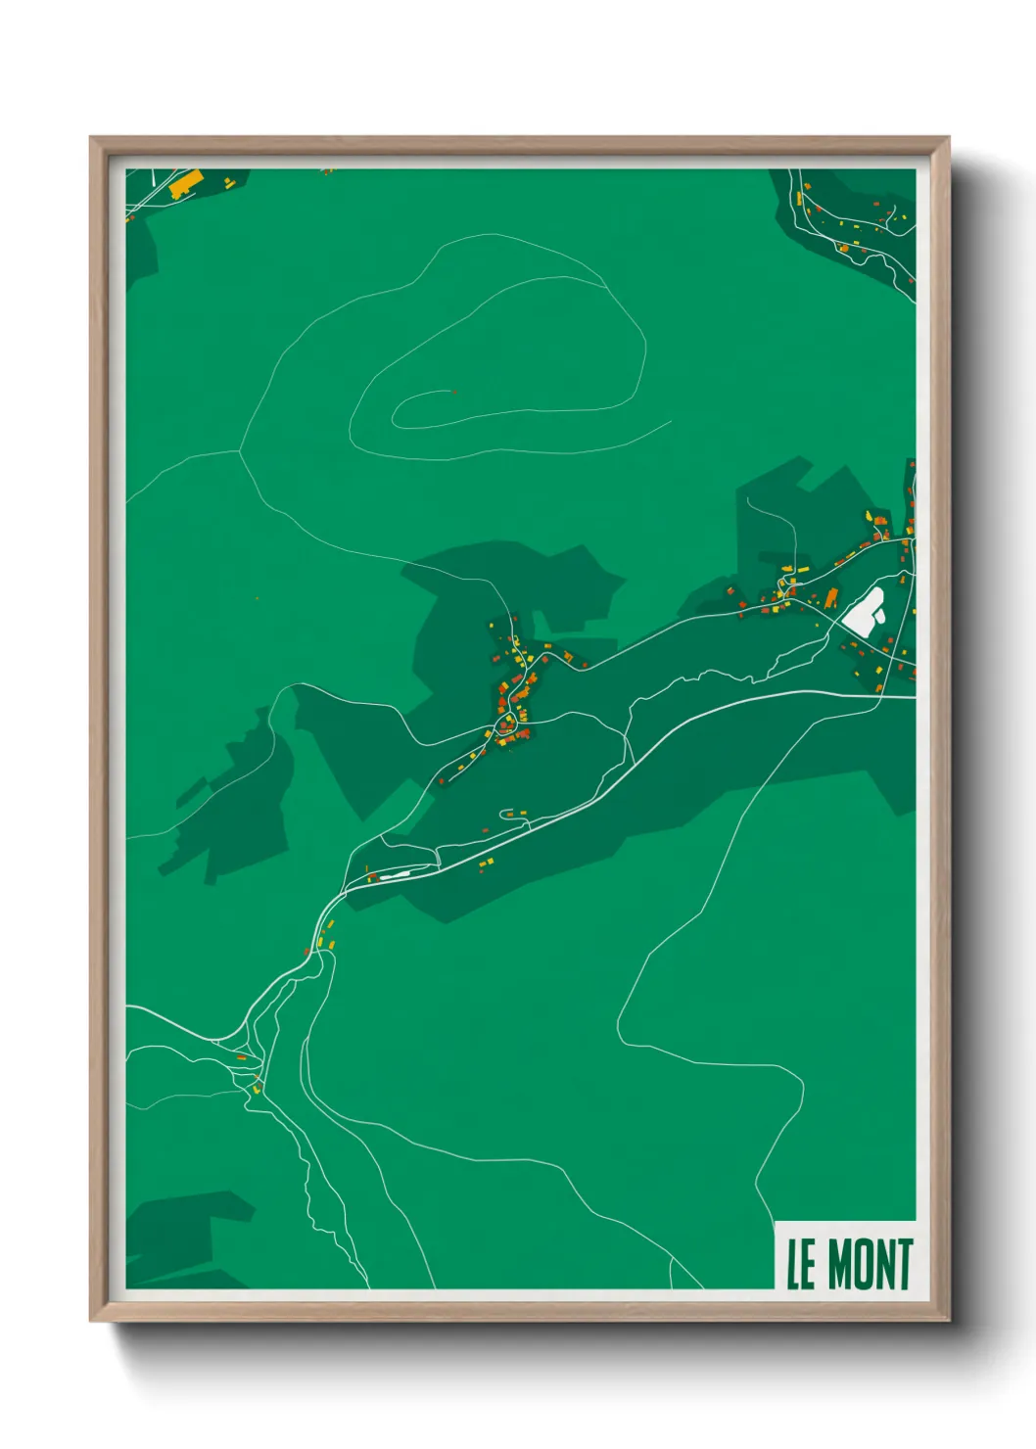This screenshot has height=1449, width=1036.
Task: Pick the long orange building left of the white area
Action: click(x=831, y=597)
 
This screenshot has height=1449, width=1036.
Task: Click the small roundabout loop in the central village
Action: click(x=506, y=724)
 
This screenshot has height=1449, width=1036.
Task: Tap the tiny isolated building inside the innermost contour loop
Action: click(x=453, y=393)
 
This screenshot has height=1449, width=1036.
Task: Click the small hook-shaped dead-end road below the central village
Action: click(x=506, y=813)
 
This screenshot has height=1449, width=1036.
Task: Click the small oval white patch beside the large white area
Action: click(x=877, y=595)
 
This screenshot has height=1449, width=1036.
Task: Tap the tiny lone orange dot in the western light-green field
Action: click(x=257, y=597)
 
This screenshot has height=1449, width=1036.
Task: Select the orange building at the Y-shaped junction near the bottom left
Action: click(x=241, y=1057)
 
